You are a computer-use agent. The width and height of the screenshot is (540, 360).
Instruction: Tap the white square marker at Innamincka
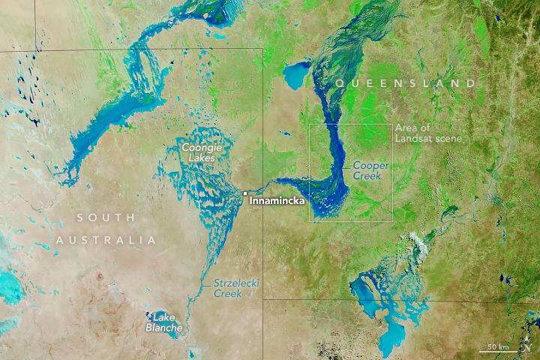click(x=244, y=193)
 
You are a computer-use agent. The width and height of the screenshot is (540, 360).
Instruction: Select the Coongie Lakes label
click(x=199, y=153)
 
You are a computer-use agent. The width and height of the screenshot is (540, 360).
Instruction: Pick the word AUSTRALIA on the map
click(x=105, y=240)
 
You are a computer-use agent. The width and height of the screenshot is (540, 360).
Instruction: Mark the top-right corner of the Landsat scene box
click(x=392, y=124)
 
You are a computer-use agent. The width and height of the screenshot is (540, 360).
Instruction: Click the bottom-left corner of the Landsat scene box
click(x=310, y=221)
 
